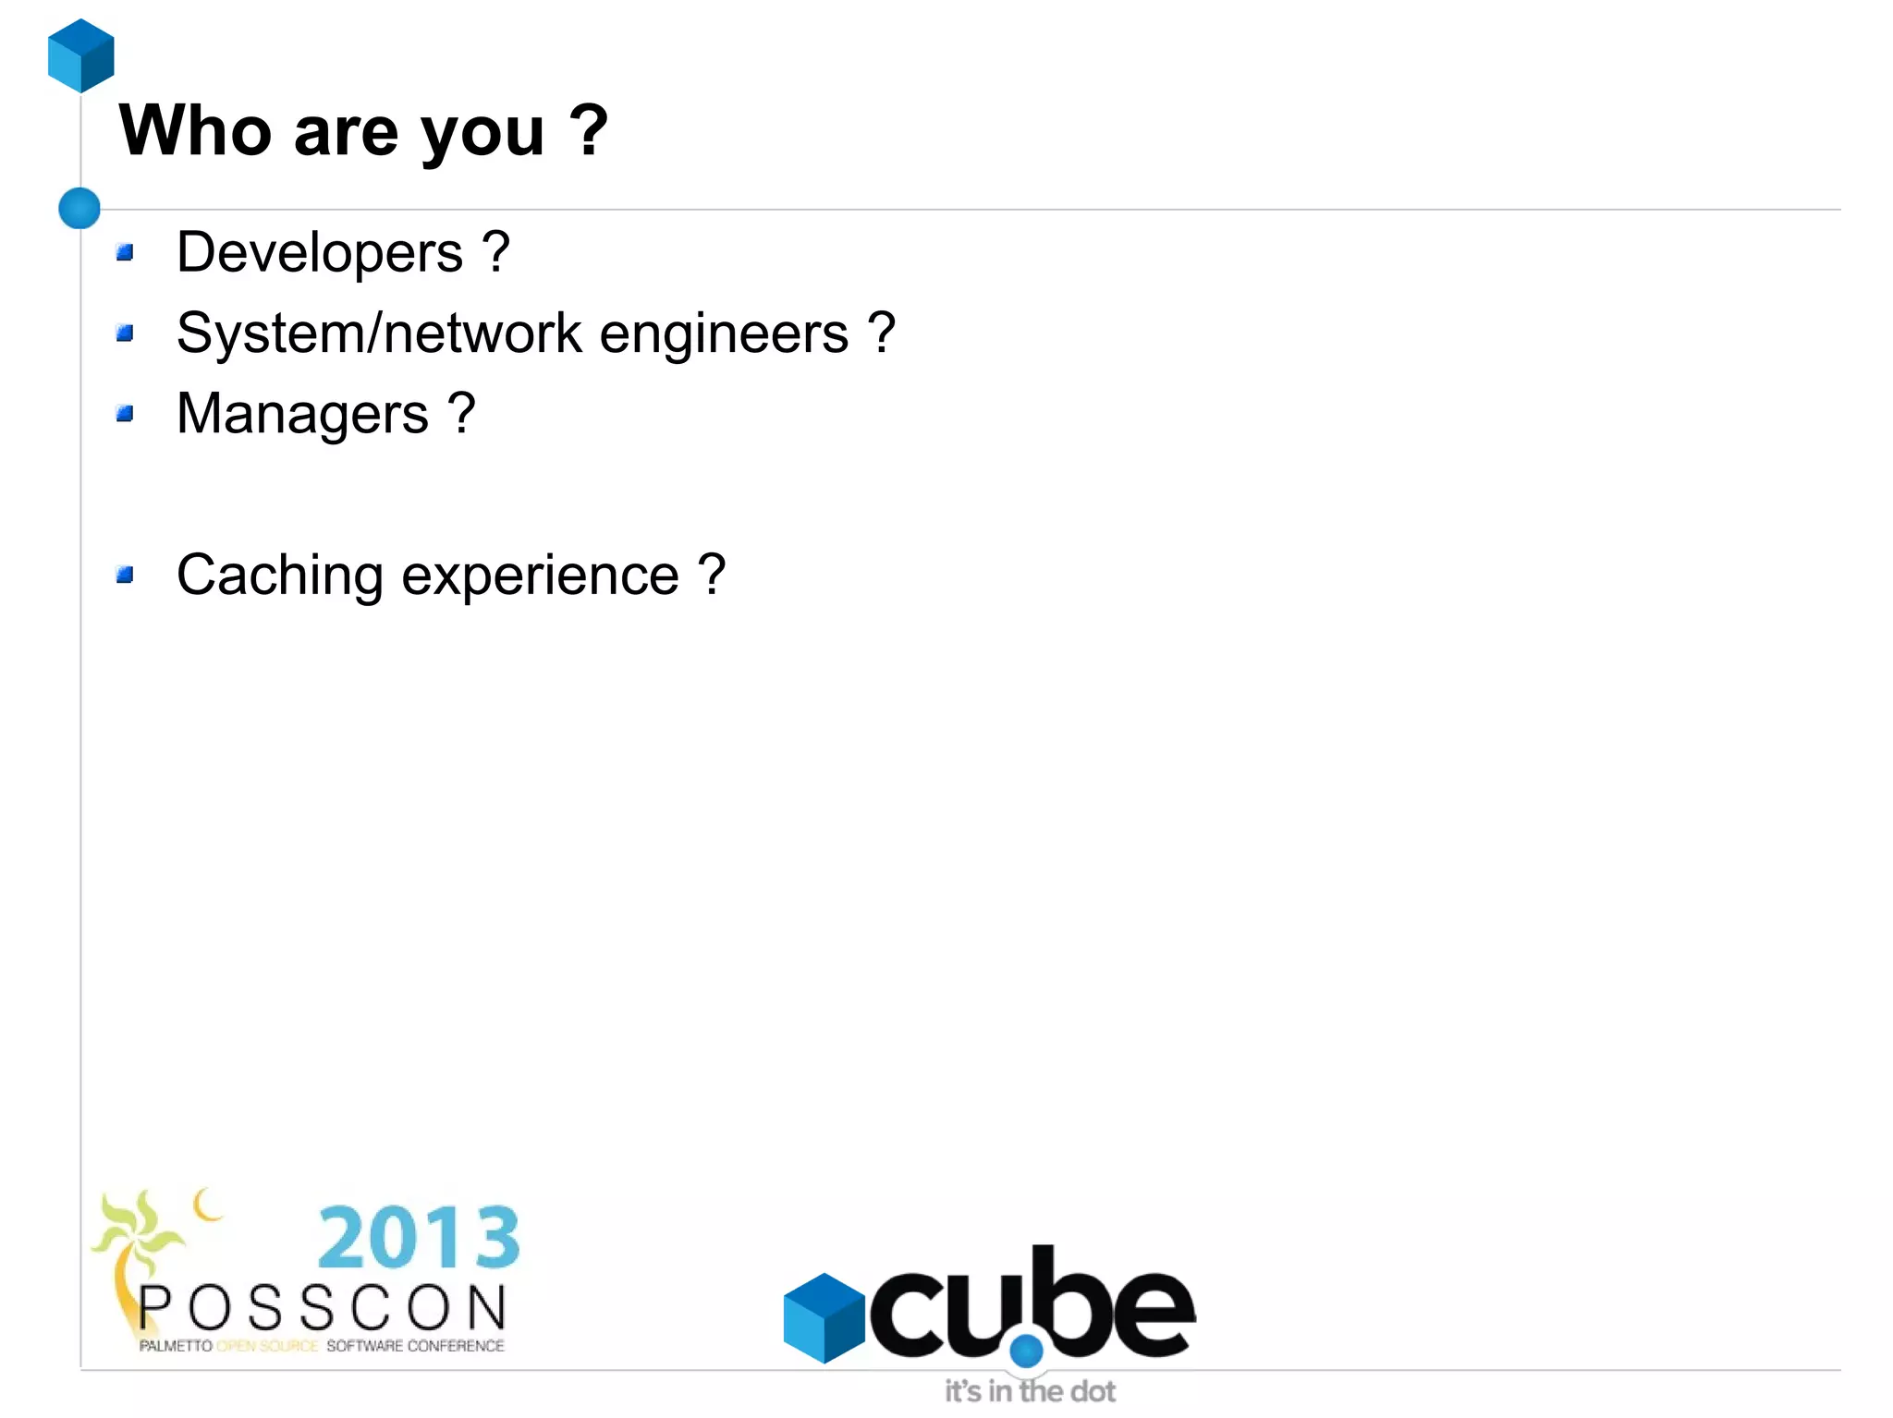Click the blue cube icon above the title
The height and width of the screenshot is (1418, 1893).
click(81, 55)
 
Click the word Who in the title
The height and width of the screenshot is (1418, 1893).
click(195, 131)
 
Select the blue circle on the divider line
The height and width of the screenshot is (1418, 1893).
click(79, 208)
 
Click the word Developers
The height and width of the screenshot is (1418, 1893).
click(320, 252)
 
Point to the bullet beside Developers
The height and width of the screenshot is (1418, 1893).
click(126, 252)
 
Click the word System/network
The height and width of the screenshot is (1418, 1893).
click(379, 333)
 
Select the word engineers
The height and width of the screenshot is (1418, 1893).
click(724, 334)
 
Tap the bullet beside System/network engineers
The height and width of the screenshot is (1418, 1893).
click(126, 333)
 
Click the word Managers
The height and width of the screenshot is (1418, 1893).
click(302, 414)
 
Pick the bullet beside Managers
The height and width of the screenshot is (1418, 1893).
click(126, 413)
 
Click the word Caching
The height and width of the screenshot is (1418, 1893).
click(279, 576)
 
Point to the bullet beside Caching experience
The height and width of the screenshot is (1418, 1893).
click(126, 576)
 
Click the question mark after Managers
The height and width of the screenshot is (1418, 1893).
click(461, 413)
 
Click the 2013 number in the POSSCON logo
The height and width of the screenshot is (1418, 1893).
click(419, 1238)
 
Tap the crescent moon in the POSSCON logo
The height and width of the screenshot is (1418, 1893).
click(207, 1205)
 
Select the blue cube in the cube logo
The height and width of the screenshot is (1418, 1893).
click(823, 1318)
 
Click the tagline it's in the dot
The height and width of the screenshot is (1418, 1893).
click(1030, 1391)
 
